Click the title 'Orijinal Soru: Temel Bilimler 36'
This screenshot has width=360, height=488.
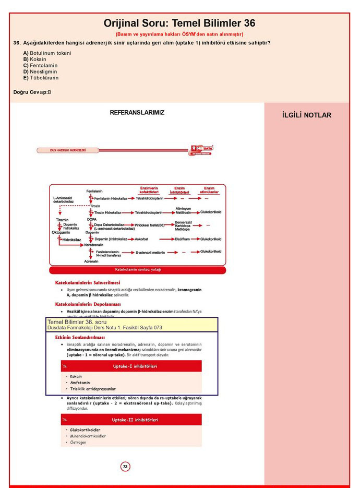[x=179, y=23]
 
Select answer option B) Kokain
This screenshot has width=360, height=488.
[x=34, y=59]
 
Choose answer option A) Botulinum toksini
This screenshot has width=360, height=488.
[x=47, y=53]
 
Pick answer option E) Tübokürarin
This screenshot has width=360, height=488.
[x=41, y=78]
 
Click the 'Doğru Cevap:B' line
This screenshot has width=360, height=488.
[x=32, y=92]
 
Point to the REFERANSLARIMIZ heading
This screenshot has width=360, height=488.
[x=137, y=113]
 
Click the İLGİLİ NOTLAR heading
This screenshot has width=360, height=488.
[x=306, y=115]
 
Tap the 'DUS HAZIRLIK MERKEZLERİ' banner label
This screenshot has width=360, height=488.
[x=68, y=150]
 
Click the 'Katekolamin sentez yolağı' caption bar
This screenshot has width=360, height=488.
[x=138, y=270]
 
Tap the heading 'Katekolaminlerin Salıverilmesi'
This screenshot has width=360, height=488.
[x=88, y=283]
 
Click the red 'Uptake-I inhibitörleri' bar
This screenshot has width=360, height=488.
[x=131, y=366]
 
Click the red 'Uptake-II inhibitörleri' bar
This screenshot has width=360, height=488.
[x=131, y=420]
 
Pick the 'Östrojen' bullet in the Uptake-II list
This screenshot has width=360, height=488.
[x=78, y=442]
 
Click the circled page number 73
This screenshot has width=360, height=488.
[x=125, y=466]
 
